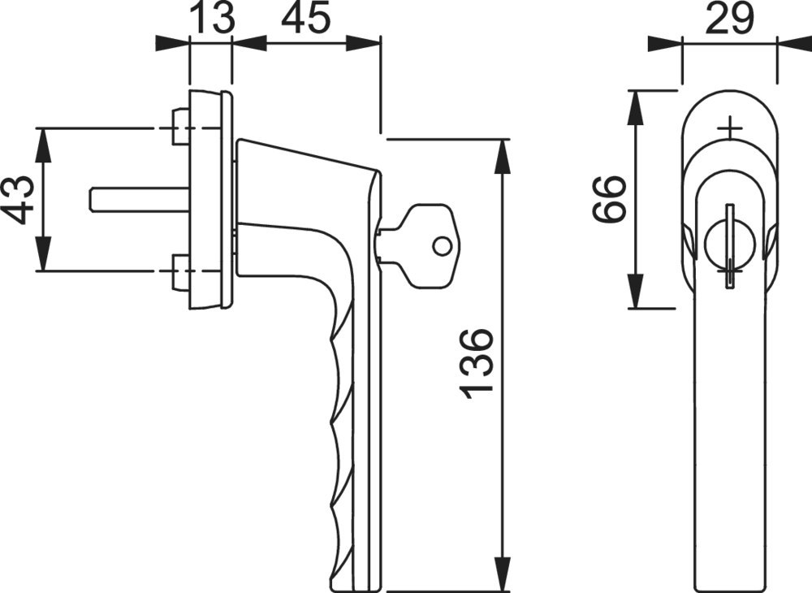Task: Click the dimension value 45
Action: [x=305, y=18]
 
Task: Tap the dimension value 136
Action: [x=475, y=364]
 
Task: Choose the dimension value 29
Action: [x=728, y=18]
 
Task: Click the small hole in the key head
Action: [x=442, y=245]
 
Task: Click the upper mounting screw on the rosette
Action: [x=179, y=128]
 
